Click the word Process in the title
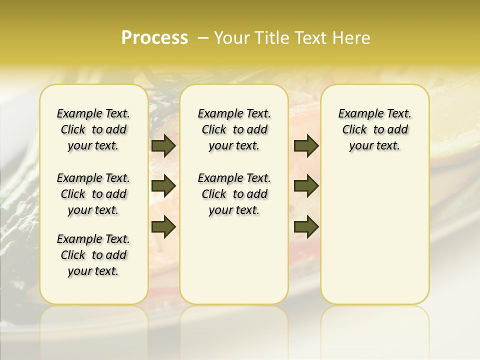[x=154, y=37]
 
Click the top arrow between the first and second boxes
[x=163, y=146]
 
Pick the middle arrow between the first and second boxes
[x=163, y=186]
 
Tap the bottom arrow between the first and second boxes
[x=163, y=226]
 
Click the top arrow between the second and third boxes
[x=306, y=146]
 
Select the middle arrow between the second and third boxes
[x=306, y=186]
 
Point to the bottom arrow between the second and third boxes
[x=306, y=226]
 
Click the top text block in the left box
[x=93, y=129]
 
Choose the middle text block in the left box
[x=93, y=194]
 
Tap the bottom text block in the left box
[x=93, y=255]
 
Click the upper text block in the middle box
[x=234, y=129]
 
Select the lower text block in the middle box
[x=234, y=194]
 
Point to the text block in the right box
[x=374, y=129]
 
